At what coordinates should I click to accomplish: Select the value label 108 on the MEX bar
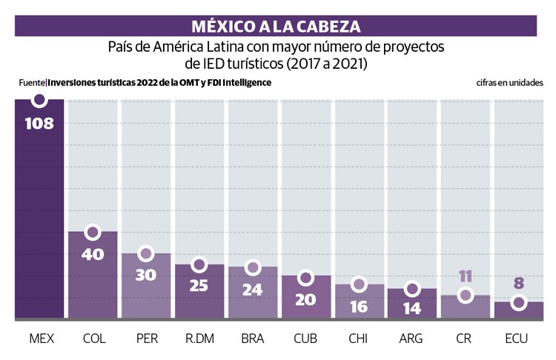click(39, 124)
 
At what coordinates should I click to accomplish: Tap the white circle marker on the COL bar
click(93, 232)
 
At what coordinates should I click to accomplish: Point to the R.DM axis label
click(199, 339)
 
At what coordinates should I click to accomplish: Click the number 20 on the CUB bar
click(305, 300)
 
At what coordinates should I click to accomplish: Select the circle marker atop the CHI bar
click(359, 284)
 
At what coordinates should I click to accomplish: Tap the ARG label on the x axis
click(412, 339)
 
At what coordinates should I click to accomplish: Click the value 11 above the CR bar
click(466, 276)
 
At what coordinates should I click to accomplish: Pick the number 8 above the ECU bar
click(519, 283)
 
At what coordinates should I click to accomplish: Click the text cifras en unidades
click(509, 83)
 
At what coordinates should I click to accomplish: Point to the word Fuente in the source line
click(32, 83)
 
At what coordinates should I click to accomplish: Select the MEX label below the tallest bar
click(40, 339)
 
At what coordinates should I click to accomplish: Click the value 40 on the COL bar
click(93, 253)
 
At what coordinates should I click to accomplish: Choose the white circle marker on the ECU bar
click(519, 302)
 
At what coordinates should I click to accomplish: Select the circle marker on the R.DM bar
click(199, 264)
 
